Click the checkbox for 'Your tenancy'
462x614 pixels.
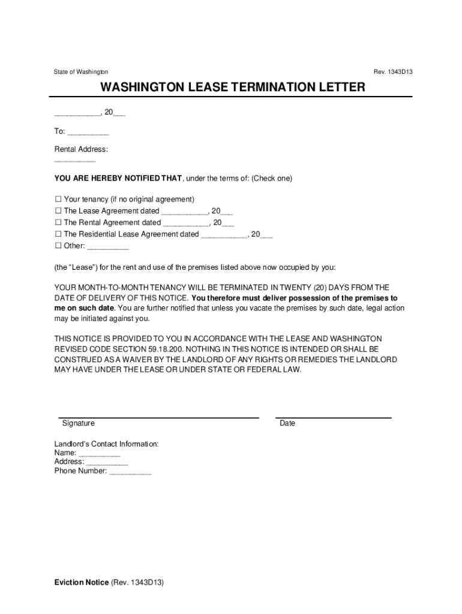58,199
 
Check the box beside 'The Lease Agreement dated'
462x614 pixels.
58,211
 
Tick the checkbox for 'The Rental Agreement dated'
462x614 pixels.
58,222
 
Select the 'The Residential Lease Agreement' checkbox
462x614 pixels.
58,234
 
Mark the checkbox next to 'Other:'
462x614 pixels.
58,246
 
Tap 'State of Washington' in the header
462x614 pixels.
81,72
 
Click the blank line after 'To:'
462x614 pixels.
88,134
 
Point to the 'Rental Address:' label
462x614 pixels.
81,149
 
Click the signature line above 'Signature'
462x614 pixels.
158,417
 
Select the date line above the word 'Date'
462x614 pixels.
333,417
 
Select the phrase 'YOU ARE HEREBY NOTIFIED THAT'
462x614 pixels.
118,179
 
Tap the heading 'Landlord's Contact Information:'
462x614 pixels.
107,444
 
